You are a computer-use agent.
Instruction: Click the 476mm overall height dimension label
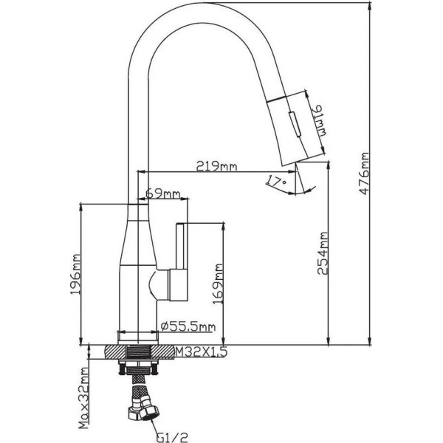tap(365, 174)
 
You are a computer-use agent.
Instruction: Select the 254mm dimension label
tap(323, 253)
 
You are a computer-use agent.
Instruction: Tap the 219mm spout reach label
tap(216, 166)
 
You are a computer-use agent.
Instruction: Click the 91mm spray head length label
tap(319, 120)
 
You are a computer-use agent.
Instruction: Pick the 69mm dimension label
tap(162, 193)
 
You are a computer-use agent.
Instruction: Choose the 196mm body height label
tap(75, 275)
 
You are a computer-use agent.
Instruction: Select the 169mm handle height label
tap(218, 284)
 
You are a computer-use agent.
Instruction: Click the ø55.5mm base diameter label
tap(188, 326)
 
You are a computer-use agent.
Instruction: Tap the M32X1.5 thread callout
tap(201, 351)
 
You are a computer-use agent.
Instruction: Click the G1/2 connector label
tap(172, 437)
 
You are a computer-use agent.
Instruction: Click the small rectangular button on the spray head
tap(294, 124)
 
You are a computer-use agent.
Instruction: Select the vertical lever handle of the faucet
tap(180, 246)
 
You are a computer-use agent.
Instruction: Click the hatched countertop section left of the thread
tap(114, 352)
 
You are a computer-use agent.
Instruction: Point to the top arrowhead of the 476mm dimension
tap(370, 7)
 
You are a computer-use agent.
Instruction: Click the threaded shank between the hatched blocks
tap(138, 352)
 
